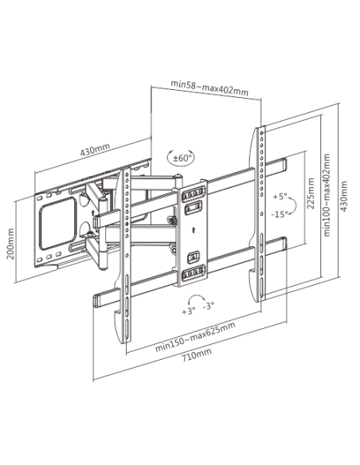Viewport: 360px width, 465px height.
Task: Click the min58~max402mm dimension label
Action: click(x=209, y=88)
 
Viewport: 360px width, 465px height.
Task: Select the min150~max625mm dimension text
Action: click(x=195, y=336)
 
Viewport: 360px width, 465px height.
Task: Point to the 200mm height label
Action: click(x=10, y=244)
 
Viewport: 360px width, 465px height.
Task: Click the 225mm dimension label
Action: click(x=311, y=193)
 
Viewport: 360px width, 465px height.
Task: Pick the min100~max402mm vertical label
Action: click(x=327, y=195)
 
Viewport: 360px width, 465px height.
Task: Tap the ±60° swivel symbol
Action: click(x=180, y=157)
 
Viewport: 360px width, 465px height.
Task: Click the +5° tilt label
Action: click(x=280, y=197)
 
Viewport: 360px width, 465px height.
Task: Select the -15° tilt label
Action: click(x=280, y=214)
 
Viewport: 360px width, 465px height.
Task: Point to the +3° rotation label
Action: click(x=189, y=311)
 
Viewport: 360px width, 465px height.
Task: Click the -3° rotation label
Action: click(x=209, y=306)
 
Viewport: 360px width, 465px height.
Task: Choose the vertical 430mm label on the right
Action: click(x=343, y=196)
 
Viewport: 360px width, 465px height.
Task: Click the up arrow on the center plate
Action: click(x=193, y=229)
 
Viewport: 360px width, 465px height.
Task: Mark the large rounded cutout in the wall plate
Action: click(x=58, y=223)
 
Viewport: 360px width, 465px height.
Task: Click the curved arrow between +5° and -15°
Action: click(x=294, y=205)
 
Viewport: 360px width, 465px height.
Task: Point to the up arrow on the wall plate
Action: click(x=93, y=213)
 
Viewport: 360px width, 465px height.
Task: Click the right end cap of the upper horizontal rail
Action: click(x=284, y=165)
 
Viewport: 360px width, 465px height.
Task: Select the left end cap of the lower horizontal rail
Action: click(x=96, y=300)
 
